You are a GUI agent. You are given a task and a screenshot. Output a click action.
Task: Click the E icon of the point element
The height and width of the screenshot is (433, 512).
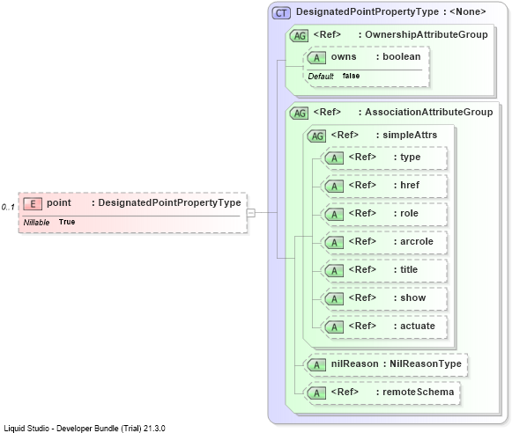33,204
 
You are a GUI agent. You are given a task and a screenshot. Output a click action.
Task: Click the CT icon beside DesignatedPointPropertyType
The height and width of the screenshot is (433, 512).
281,13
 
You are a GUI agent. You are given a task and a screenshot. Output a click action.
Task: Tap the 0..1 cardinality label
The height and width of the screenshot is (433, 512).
8,207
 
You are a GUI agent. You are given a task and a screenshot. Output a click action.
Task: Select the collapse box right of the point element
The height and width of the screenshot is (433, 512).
251,213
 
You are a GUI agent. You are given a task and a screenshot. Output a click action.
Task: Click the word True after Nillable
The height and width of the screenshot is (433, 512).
67,222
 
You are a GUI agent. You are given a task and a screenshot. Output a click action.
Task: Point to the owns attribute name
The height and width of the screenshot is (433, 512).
344,56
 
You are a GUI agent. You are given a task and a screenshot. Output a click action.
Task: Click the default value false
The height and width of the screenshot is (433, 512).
351,76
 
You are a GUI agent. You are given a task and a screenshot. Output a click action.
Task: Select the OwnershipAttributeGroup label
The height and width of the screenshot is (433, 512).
427,34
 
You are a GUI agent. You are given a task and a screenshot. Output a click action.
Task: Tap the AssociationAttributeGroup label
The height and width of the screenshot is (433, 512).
429,112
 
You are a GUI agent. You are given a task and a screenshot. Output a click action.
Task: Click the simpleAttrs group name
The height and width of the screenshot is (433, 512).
410,135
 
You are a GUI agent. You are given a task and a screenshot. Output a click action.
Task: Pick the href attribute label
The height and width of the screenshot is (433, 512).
410,185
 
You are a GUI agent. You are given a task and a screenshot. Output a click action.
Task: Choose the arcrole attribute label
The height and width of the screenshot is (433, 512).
417,241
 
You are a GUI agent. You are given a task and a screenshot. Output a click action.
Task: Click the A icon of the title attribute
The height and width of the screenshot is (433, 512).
334,271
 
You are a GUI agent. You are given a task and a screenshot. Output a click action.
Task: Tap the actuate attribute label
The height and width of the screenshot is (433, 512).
418,326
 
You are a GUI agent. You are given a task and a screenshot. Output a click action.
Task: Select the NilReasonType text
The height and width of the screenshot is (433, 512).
426,363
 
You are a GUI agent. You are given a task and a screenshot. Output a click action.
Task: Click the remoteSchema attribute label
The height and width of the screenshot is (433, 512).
419,392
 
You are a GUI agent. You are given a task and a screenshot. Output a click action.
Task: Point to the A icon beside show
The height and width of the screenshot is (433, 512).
334,299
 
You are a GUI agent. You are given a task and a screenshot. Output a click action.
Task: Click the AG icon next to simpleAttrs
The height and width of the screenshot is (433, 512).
316,136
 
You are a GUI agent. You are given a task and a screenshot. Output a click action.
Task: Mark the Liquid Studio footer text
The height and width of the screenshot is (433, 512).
85,428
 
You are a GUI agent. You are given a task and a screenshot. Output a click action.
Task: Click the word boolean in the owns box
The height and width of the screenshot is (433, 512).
402,56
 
